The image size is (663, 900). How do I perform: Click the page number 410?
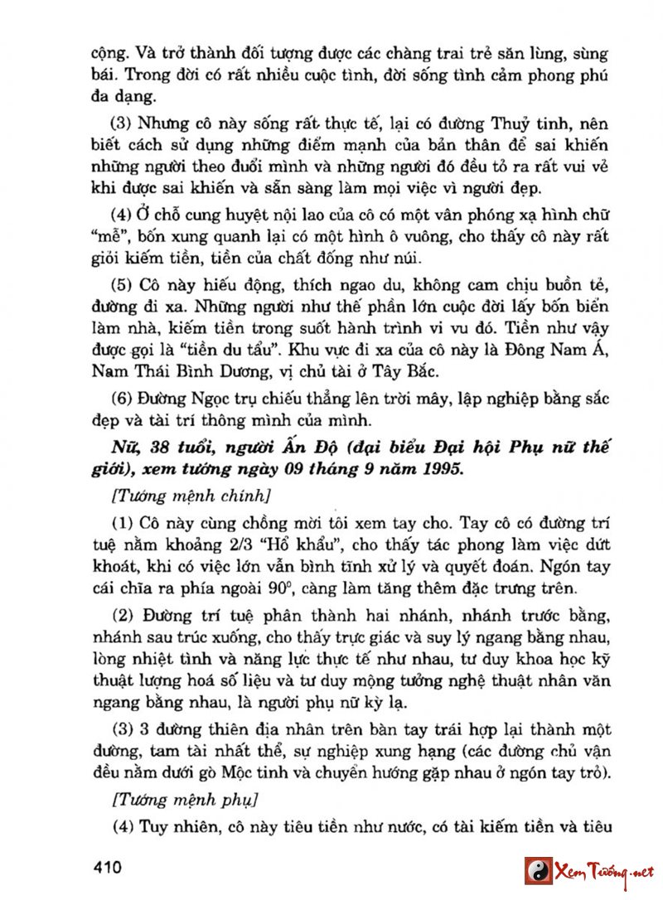[108, 869]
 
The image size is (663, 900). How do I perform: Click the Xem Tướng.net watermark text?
[604, 872]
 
